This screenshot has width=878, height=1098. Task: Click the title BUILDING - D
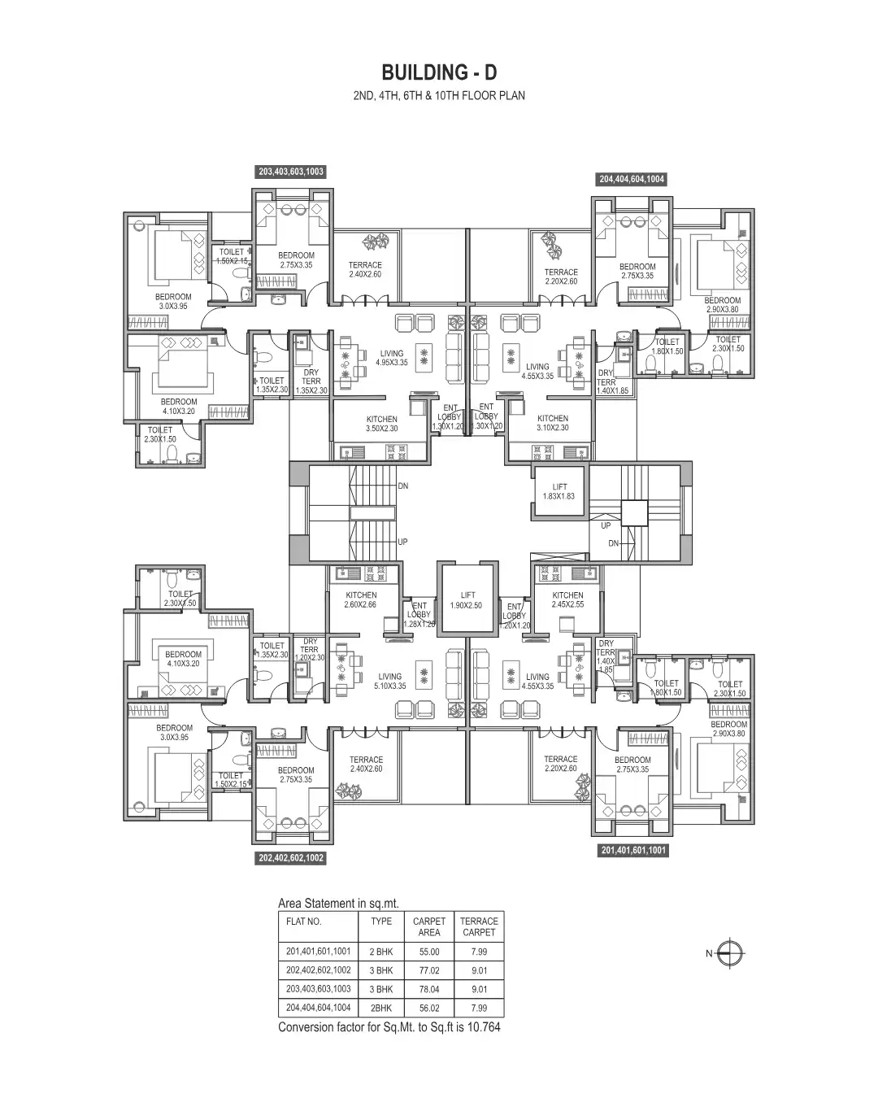click(439, 72)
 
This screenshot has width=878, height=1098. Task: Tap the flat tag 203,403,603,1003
click(291, 172)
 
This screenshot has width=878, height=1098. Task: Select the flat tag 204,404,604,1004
click(632, 179)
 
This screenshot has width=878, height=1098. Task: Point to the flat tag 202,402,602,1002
click(291, 858)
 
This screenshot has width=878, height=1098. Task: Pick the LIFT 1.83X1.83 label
click(559, 491)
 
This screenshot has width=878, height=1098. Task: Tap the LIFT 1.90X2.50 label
click(467, 600)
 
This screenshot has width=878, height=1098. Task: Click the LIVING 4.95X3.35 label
click(392, 358)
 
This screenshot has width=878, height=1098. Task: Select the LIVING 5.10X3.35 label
click(390, 681)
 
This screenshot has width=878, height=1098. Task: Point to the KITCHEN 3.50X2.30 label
click(382, 423)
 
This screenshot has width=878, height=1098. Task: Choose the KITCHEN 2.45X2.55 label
click(567, 599)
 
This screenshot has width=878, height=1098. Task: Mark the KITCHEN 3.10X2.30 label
click(553, 423)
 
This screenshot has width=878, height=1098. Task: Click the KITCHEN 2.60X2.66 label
click(361, 599)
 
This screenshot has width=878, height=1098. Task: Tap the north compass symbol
click(732, 953)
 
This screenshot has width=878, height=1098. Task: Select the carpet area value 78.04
click(428, 989)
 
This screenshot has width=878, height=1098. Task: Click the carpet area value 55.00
click(428, 952)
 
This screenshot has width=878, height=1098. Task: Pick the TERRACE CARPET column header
click(479, 926)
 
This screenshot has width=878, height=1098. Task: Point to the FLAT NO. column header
click(304, 922)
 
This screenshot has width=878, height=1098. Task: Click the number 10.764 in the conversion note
click(480, 1027)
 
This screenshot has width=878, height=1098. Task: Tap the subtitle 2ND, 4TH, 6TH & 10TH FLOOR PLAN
click(439, 95)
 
